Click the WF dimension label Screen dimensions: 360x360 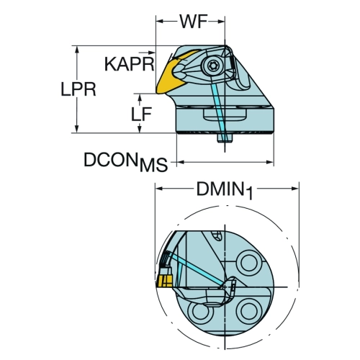tap(194, 22)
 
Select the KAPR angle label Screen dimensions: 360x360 tap(129, 64)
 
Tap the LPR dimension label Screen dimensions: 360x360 tap(78, 89)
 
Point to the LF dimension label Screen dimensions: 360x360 tap(141, 114)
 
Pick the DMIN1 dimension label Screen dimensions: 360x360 tap(225, 190)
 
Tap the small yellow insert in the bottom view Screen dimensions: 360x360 tap(164, 281)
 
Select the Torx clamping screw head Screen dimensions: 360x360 tap(212, 65)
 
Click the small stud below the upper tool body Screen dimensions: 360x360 tap(225, 138)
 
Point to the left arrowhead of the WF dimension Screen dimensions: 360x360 tap(161, 22)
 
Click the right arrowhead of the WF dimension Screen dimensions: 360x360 tap(221, 22)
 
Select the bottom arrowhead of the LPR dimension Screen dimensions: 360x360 tap(77, 128)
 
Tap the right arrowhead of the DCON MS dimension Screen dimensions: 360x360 tap(269, 162)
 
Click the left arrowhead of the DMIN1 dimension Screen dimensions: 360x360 tap(160, 189)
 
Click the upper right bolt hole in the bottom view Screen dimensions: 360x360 tap(248, 263)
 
